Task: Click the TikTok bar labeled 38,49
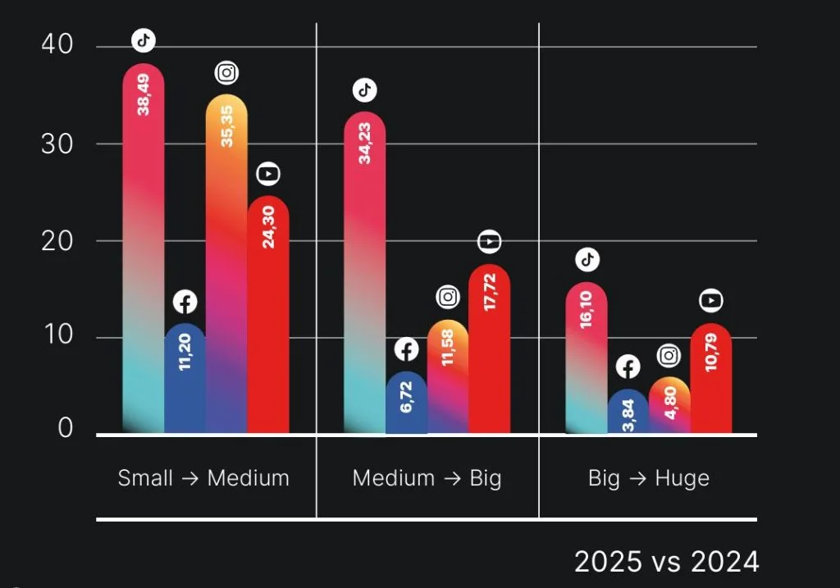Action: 144,246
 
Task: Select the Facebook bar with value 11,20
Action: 185,377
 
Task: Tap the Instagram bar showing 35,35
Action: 226,262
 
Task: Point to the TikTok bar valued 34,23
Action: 365,271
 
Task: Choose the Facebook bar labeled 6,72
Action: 407,402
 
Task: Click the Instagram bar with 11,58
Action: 448,377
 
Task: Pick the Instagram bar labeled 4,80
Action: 669,406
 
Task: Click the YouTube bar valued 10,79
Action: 711,377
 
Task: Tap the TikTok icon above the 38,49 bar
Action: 144,39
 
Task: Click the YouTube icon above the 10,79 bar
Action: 711,301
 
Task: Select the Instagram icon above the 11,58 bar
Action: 448,298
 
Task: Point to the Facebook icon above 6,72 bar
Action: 407,350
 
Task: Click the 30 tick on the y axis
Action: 57,144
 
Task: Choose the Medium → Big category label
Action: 427,478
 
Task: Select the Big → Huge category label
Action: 648,478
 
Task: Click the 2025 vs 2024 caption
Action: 666,562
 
